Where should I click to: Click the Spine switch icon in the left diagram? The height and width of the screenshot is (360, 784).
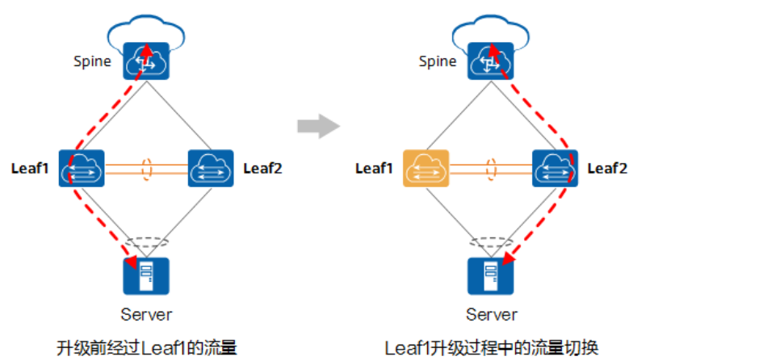tap(146, 61)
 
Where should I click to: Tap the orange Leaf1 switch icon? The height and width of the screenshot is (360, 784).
tap(426, 169)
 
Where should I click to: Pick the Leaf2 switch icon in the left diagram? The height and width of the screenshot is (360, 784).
tap(211, 169)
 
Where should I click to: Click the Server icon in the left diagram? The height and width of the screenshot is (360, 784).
tap(146, 276)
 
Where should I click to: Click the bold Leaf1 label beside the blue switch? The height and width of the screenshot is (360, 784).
tap(30, 169)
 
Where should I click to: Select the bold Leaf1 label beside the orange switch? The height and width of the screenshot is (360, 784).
tap(374, 169)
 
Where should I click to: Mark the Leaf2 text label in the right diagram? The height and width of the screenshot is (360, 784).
tap(607, 169)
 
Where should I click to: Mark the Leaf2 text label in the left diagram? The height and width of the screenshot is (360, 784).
tap(263, 169)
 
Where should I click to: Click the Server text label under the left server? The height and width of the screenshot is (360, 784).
tap(146, 314)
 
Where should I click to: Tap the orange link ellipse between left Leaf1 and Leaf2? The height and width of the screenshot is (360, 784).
tap(147, 170)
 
